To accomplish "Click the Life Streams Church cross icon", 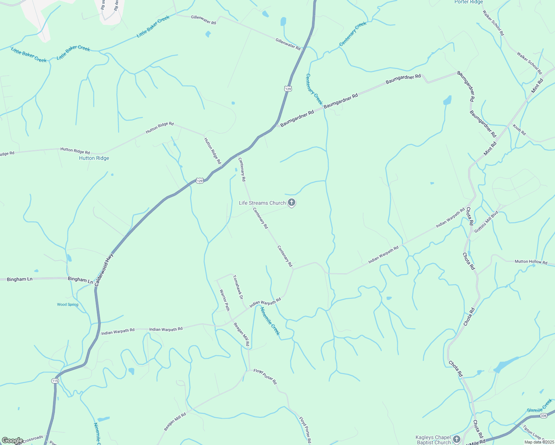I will (292, 202).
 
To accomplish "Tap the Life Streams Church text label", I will (262, 203).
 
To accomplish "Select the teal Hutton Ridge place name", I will (94, 158).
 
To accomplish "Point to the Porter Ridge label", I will (469, 2).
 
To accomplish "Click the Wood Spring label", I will (68, 304).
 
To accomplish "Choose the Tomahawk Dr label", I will (238, 287).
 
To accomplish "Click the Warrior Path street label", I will (225, 300).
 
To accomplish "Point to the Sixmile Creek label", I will (539, 406).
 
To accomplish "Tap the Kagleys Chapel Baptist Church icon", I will (457, 439).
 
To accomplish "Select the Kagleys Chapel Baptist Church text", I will (433, 440).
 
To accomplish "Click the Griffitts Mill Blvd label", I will (486, 222).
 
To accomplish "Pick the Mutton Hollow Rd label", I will (531, 262).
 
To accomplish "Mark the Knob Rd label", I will (519, 130).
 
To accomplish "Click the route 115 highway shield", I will (55, 381).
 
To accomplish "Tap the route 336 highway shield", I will (543, 416).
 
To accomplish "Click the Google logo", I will (12, 441).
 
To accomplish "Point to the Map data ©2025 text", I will (539, 442).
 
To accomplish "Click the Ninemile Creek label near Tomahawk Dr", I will (270, 321).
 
